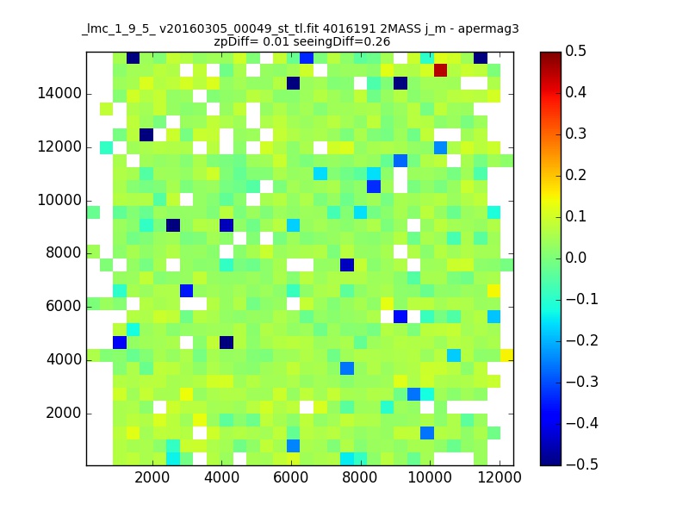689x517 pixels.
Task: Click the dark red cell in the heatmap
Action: pos(440,70)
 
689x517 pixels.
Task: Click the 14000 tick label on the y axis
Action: pos(59,94)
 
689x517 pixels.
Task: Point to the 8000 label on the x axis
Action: pos(360,477)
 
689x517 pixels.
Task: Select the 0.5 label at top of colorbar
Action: pos(575,51)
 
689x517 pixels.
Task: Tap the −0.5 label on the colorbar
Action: pos(582,464)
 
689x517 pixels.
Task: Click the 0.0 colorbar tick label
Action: pos(575,258)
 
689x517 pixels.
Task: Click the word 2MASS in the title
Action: pos(400,29)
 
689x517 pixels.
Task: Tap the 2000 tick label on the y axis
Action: pos(64,414)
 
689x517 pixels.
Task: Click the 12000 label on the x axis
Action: pos(500,477)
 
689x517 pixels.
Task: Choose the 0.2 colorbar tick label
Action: pos(575,175)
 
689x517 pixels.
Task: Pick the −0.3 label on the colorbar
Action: pos(582,382)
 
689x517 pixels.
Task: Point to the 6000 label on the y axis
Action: pos(64,307)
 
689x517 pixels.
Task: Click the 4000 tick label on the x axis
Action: pos(222,477)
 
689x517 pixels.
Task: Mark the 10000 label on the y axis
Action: pos(59,200)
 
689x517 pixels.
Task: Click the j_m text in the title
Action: pos(435,29)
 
